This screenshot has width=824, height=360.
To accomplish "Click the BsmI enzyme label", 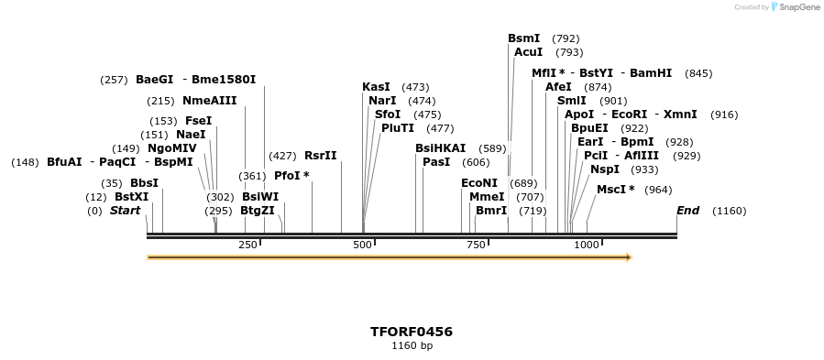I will coord(523,38).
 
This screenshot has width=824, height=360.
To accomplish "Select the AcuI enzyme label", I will coord(528,52).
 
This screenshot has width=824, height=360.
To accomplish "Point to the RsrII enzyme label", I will coord(321,156).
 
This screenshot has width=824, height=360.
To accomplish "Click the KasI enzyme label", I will coord(376,87).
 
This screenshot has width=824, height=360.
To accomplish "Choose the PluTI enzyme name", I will coord(398,128).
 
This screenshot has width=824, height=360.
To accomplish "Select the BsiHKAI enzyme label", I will coord(440,148).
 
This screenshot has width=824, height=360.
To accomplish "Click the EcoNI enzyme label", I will coord(478,183).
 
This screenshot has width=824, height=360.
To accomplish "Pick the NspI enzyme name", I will coord(605,169).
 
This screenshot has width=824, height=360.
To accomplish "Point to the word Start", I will coord(125,211).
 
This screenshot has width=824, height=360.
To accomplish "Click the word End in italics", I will coord(687,211).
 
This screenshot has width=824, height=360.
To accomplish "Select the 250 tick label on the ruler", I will coord(247,245).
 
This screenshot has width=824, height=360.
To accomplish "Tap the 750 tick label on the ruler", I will coord(476,245).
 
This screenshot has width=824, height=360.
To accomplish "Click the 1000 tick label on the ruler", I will coord(587,245).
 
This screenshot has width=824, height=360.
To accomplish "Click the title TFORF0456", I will coord(412,332).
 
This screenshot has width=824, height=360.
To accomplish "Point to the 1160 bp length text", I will coord(412,346).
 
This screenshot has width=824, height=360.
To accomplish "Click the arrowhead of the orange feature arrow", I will coord(629,257).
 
